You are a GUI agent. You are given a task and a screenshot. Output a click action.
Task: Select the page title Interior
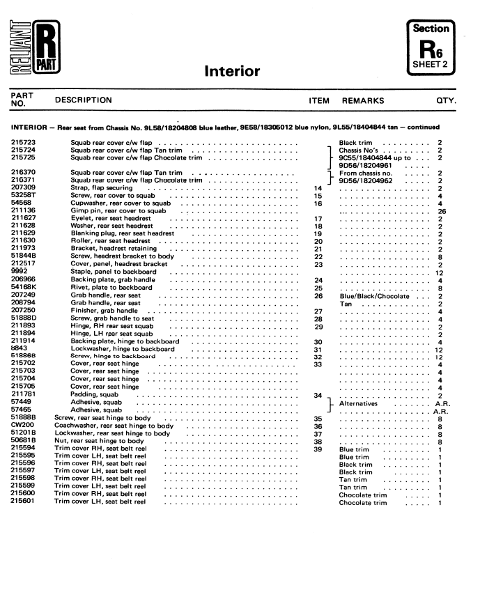point(232,71)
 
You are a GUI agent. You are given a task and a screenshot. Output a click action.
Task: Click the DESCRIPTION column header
point(83,100)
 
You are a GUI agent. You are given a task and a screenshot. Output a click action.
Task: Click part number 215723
point(24,143)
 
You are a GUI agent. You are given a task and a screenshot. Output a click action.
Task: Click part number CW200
point(22,426)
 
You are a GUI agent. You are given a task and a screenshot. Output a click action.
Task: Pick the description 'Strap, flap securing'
point(102,188)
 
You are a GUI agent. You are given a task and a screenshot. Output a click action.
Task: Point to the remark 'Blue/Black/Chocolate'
point(373,295)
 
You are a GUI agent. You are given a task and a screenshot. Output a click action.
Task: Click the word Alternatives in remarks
point(358,403)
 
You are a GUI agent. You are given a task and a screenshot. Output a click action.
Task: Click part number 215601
point(24,502)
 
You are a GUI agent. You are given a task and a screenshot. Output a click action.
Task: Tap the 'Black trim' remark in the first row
point(355,143)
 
